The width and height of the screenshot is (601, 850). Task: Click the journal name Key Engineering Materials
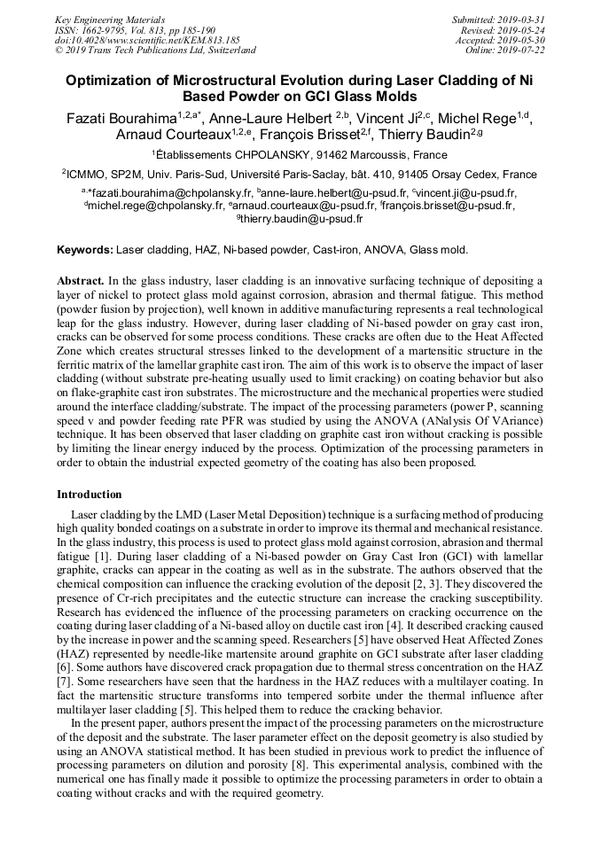(x=110, y=19)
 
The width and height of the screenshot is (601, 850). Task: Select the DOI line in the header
(x=147, y=40)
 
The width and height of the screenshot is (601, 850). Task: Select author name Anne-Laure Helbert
(x=266, y=120)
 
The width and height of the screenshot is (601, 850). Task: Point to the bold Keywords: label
(x=85, y=251)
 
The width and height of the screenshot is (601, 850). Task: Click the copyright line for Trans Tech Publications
(x=155, y=51)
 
